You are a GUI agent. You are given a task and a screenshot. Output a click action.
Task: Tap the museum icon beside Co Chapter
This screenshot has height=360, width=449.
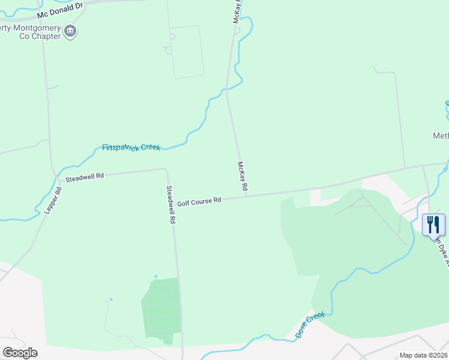(71, 32)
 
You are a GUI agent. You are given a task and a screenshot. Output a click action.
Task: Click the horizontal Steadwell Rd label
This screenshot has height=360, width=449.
(85, 176)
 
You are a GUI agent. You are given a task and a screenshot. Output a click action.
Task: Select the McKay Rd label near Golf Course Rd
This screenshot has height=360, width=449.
(242, 176)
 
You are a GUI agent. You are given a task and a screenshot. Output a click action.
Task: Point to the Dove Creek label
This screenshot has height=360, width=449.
(310, 325)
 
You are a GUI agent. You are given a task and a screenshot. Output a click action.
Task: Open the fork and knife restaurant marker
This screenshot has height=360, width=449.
(433, 226)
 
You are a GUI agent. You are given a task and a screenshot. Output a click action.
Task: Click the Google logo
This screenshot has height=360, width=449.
(20, 352)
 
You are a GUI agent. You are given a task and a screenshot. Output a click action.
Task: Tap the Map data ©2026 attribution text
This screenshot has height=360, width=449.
(423, 355)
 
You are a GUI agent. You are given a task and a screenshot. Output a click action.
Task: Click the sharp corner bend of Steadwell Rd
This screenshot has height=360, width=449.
(165, 170)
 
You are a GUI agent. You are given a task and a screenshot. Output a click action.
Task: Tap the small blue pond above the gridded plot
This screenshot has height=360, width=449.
(155, 276)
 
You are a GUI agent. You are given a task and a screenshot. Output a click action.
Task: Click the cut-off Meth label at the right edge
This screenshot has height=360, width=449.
(441, 136)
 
